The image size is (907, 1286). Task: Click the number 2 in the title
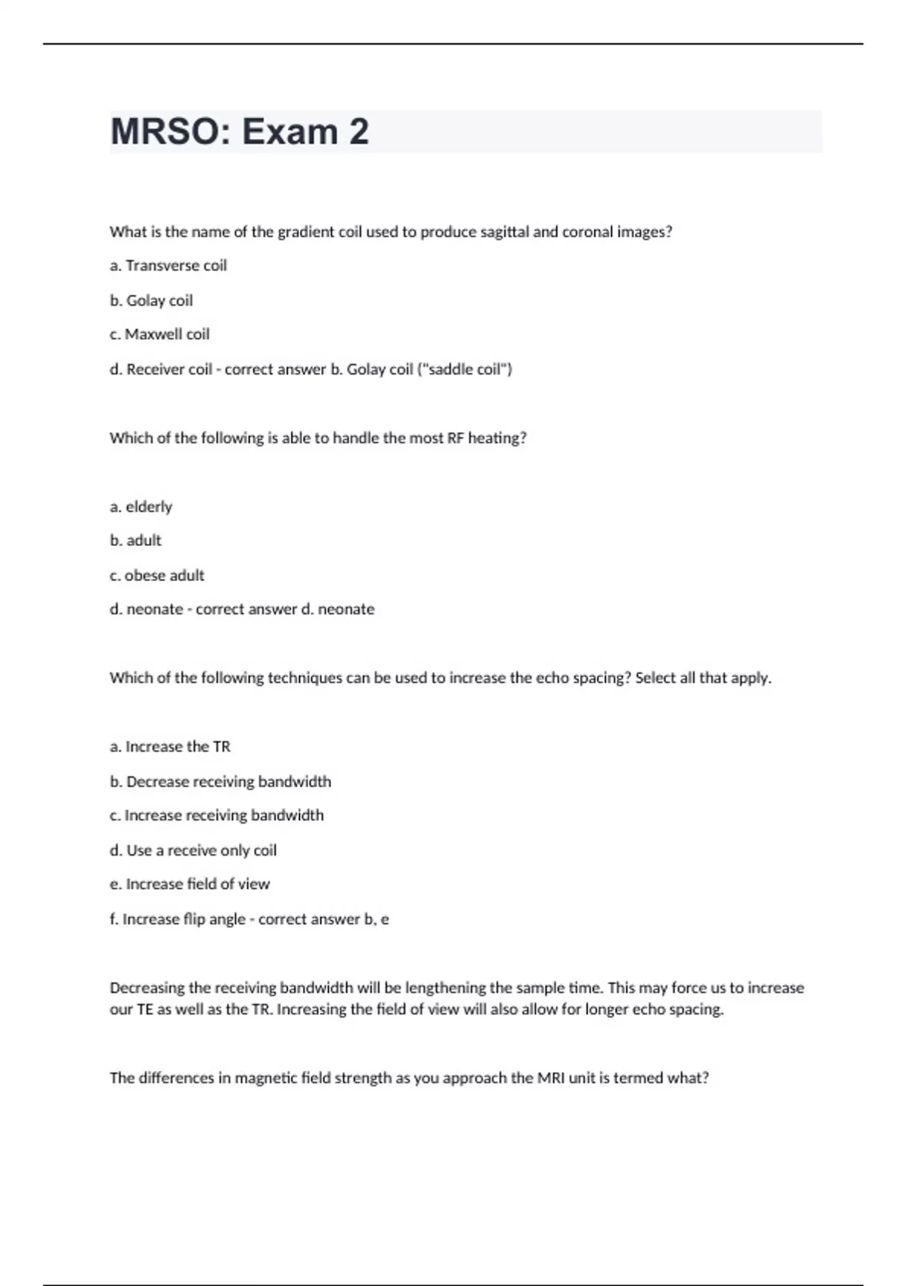(x=359, y=132)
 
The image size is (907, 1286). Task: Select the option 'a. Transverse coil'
(x=168, y=266)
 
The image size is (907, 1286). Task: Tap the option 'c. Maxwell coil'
(x=159, y=334)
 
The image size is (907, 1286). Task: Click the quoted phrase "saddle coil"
(x=465, y=369)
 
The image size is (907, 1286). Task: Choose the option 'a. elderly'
(x=141, y=507)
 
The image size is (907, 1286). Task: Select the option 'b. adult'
(x=136, y=541)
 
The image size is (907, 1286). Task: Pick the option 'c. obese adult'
(x=157, y=576)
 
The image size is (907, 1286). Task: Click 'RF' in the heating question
(x=455, y=438)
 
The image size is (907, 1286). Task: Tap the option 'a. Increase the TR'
(x=170, y=747)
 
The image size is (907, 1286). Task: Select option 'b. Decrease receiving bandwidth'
(x=221, y=781)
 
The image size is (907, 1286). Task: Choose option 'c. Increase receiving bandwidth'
(x=217, y=815)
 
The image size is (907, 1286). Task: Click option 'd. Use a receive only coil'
(x=193, y=850)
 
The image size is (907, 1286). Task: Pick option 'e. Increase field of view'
(x=190, y=884)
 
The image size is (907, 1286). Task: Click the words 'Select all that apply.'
(x=703, y=678)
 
